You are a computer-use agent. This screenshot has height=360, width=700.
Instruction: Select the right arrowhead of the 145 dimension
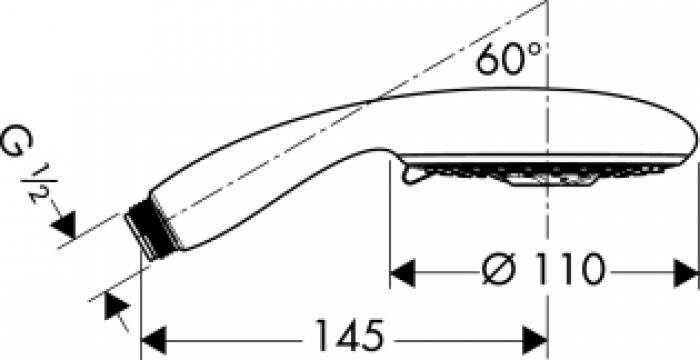tap(536, 333)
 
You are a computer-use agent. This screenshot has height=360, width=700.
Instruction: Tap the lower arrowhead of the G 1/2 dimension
tap(113, 306)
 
